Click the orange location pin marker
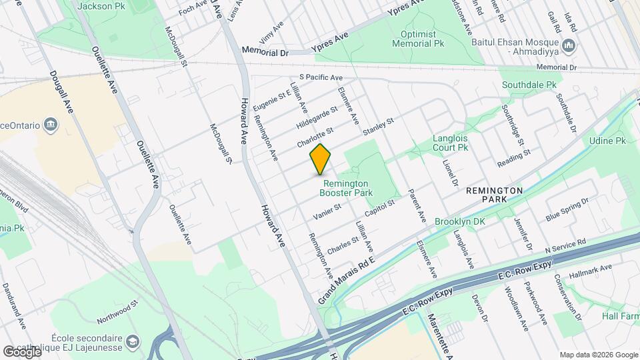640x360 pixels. [321, 159]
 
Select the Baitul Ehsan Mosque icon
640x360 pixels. [569, 45]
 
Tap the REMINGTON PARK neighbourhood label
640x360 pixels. [494, 195]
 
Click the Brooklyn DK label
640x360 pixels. [458, 221]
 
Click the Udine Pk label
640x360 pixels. [607, 141]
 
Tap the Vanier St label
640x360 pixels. [327, 212]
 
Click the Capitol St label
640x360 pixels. [380, 208]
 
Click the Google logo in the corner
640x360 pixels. [21, 351]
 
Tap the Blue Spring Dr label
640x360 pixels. [567, 209]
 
